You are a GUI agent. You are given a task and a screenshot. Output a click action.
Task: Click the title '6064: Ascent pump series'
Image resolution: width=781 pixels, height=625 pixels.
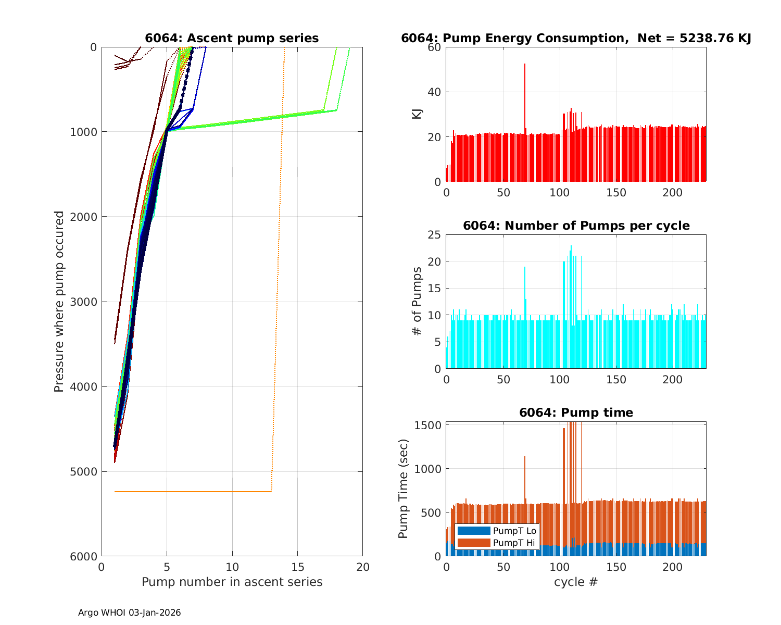click(232, 38)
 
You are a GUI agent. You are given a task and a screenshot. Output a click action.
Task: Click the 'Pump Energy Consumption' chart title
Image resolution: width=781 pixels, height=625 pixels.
click(576, 38)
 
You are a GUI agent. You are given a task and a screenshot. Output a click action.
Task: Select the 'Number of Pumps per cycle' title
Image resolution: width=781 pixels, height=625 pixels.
click(576, 226)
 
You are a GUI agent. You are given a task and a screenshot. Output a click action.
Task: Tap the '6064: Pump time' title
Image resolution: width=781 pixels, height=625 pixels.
click(576, 413)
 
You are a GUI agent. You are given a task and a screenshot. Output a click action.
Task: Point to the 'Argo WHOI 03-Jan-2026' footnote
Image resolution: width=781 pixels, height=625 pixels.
click(129, 612)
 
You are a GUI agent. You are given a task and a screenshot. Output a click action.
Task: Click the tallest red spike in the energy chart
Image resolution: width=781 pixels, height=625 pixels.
click(525, 65)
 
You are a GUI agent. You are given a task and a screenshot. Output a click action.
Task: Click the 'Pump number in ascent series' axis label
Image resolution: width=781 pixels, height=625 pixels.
click(232, 582)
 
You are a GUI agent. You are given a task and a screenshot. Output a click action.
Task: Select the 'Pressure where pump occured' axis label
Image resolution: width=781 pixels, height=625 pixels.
click(59, 302)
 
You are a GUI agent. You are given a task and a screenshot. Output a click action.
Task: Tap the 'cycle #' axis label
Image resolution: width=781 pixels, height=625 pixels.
click(576, 582)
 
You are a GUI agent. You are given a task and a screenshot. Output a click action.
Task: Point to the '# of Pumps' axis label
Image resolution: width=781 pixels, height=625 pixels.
click(417, 301)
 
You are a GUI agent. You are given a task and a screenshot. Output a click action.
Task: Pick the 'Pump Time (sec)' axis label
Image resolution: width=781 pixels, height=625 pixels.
click(403, 489)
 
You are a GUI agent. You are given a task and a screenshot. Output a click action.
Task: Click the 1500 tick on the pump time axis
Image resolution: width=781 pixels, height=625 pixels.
click(429, 426)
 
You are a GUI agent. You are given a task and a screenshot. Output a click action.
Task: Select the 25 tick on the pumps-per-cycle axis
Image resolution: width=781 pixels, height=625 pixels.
click(434, 234)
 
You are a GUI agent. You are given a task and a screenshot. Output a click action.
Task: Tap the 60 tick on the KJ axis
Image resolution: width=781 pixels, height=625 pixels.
click(434, 47)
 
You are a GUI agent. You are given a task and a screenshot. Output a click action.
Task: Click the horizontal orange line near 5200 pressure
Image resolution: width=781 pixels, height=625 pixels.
click(193, 491)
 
